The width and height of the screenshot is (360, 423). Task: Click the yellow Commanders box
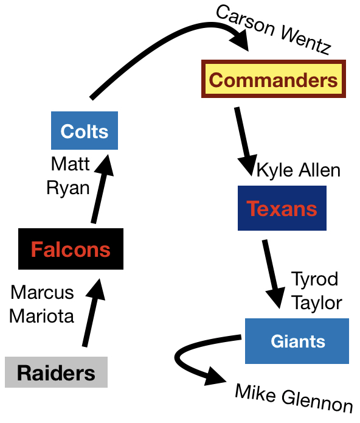coord(274,79)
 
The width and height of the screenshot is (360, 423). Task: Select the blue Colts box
coord(85,131)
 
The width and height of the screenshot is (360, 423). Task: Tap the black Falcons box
coord(71,249)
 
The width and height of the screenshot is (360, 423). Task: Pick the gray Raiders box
coord(56,372)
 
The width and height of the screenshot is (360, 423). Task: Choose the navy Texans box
coord(282,208)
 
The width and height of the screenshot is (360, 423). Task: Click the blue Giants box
coord(297,341)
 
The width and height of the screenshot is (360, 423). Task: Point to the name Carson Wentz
coord(274,30)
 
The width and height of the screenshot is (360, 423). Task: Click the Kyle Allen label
coord(299,170)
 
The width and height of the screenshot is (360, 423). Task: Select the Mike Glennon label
coord(294,399)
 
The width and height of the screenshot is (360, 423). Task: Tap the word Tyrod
coord(314,279)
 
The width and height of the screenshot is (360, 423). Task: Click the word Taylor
coord(317,303)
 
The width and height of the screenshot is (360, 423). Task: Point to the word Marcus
coord(42,292)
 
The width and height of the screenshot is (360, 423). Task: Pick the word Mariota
coord(41,316)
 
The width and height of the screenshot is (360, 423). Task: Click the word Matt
coord(71,164)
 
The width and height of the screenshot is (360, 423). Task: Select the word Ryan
coord(68,187)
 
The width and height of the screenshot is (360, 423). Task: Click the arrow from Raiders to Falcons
coord(92,313)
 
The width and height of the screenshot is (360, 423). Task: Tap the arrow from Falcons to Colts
coord(102,189)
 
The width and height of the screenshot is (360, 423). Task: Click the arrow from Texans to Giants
coord(273,274)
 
